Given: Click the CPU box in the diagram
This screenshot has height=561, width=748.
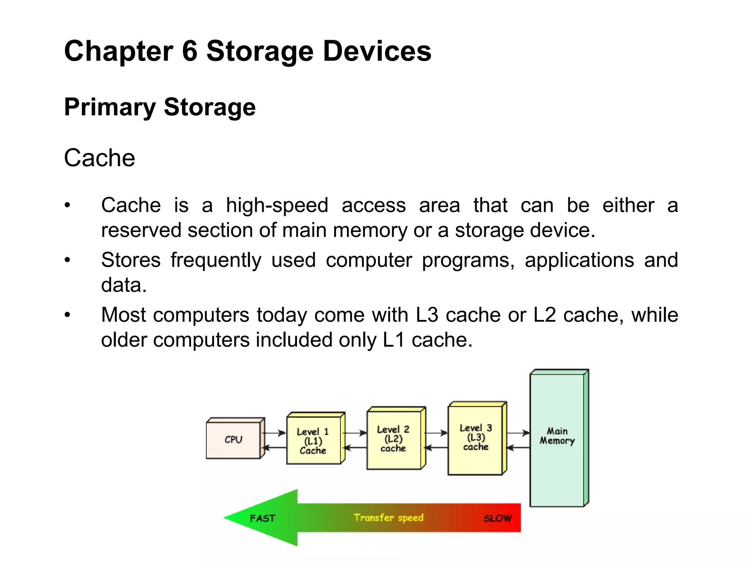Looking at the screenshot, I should click(x=233, y=439).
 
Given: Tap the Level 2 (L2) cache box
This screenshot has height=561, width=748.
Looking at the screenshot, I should click(x=393, y=439).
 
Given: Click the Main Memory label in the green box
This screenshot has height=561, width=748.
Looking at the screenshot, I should click(x=557, y=436).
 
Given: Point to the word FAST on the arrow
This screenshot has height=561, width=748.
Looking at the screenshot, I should click(x=262, y=518).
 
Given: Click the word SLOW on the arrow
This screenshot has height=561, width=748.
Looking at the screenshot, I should click(x=497, y=518).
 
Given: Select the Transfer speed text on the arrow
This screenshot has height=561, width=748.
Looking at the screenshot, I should click(x=389, y=518).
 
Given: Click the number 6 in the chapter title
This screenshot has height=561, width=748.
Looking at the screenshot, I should click(x=190, y=51).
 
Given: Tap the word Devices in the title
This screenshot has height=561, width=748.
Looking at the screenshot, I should click(x=377, y=51).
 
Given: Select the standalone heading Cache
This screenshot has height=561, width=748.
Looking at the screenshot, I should click(x=99, y=158).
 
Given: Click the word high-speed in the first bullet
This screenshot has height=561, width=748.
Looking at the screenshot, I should click(x=277, y=205).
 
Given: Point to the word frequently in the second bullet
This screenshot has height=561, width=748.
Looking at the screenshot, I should click(x=216, y=260).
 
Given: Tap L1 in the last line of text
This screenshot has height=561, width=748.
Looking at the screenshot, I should click(x=394, y=340).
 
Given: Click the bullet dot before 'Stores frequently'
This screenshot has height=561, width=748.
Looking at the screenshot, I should click(x=67, y=260).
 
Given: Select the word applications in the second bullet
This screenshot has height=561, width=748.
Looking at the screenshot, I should click(x=579, y=260).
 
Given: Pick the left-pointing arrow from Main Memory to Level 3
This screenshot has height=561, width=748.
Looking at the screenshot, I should click(x=518, y=447).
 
